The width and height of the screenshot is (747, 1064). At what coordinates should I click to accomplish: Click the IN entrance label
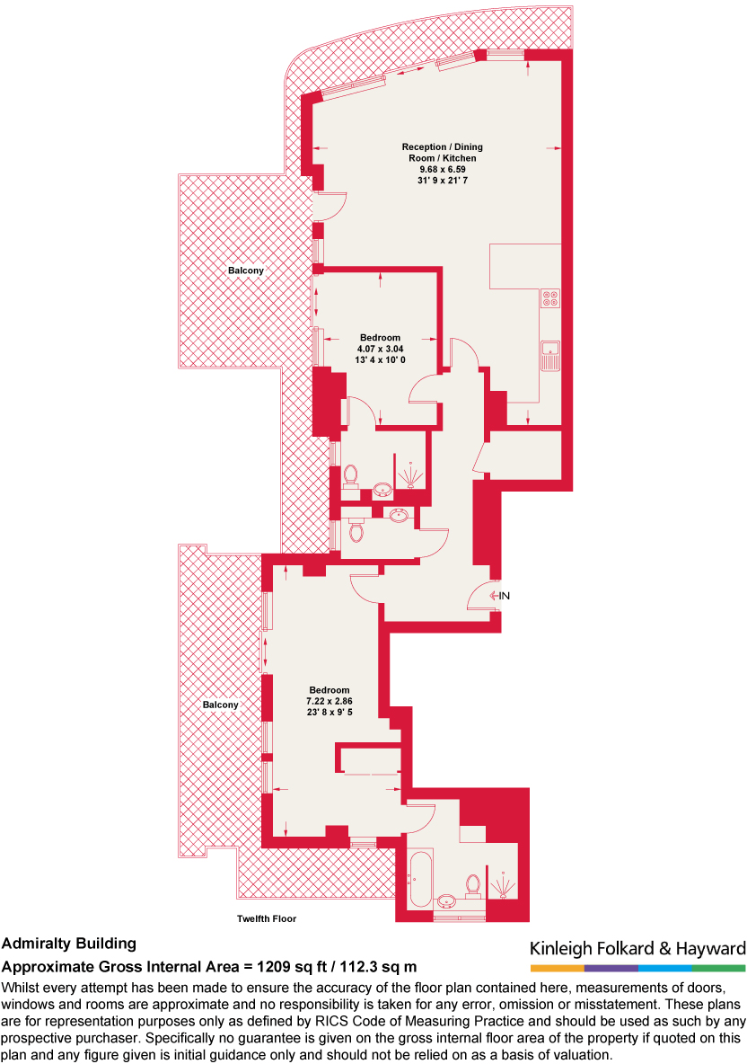pos(505,595)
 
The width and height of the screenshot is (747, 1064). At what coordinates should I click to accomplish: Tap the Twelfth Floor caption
pos(267,918)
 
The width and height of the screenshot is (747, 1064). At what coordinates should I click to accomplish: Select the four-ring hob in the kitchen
pos(549,298)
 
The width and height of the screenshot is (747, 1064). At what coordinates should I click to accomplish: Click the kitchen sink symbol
pos(549,356)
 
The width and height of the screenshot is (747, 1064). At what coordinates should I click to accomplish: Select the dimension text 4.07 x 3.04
pos(380,349)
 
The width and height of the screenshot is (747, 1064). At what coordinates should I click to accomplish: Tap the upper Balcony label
pos(245,270)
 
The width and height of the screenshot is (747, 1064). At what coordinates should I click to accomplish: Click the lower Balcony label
pos(220,705)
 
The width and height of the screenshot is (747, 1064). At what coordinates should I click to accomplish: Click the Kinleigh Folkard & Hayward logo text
pos(637,949)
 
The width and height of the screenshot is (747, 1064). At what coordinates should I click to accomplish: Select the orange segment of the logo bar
pos(557,968)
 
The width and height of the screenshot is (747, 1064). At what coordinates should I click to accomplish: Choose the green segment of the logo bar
pos(719,968)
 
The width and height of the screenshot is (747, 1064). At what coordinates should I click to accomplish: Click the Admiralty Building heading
pos(69,944)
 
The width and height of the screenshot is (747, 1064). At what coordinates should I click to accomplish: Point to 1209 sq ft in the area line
pos(284,967)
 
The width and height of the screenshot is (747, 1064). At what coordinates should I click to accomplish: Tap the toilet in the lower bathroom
pos(472,885)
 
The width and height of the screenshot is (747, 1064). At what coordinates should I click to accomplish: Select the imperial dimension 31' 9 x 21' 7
pos(436,181)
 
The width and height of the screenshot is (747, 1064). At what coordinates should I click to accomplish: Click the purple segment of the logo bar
pos(611,968)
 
